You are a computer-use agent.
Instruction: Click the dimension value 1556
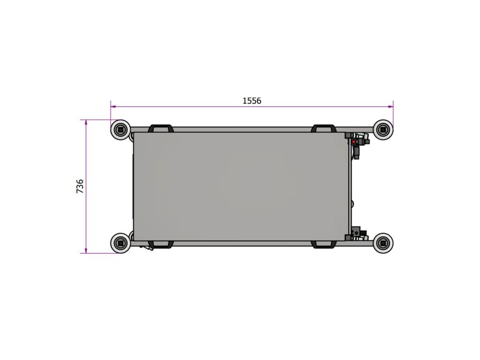(x=252, y=101)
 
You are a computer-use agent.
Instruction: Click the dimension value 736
(x=80, y=186)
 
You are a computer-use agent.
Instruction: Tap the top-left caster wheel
(x=120, y=130)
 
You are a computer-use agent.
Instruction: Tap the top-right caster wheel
(x=383, y=130)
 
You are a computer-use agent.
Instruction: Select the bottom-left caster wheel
(x=120, y=243)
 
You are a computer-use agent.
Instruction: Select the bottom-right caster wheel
(x=383, y=243)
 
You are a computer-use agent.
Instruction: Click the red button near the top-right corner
(x=354, y=142)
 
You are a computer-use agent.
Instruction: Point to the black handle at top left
(x=161, y=128)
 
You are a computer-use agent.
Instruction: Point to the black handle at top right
(x=324, y=128)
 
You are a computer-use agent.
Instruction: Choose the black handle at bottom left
(x=161, y=245)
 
